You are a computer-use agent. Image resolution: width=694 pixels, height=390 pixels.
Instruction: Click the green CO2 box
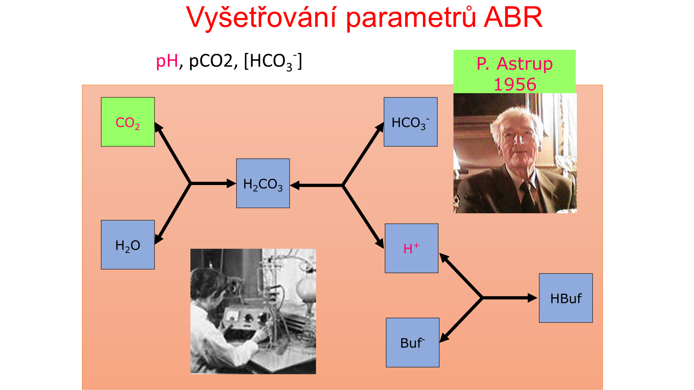click(128, 122)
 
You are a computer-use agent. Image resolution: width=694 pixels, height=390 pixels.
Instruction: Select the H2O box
click(128, 245)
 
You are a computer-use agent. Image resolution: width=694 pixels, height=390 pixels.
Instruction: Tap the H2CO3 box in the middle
click(263, 183)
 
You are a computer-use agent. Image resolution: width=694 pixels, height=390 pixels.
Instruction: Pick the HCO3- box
click(410, 122)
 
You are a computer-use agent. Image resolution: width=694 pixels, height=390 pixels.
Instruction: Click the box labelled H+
click(412, 248)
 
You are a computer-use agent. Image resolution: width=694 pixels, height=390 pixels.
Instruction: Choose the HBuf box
click(566, 298)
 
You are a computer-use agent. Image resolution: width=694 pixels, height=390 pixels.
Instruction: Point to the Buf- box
click(412, 343)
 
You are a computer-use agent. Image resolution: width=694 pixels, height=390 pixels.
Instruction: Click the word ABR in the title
click(513, 17)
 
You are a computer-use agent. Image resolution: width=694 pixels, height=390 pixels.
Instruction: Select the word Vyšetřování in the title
click(262, 17)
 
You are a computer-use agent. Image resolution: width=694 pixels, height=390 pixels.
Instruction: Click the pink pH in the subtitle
click(167, 61)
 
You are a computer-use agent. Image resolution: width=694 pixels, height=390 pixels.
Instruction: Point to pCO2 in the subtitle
click(211, 61)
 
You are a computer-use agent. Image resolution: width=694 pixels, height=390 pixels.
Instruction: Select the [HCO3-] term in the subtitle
click(273, 62)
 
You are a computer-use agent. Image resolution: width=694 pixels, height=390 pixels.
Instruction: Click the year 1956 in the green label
click(514, 84)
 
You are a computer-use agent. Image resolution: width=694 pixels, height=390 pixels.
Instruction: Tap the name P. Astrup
click(514, 64)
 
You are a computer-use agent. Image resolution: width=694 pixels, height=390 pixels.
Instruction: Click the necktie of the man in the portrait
click(528, 195)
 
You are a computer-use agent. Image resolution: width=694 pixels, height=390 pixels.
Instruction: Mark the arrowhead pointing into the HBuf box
click(533, 298)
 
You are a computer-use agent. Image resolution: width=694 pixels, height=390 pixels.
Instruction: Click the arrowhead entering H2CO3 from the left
click(232, 184)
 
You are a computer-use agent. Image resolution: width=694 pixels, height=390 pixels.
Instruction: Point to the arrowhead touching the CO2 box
click(158, 127)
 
